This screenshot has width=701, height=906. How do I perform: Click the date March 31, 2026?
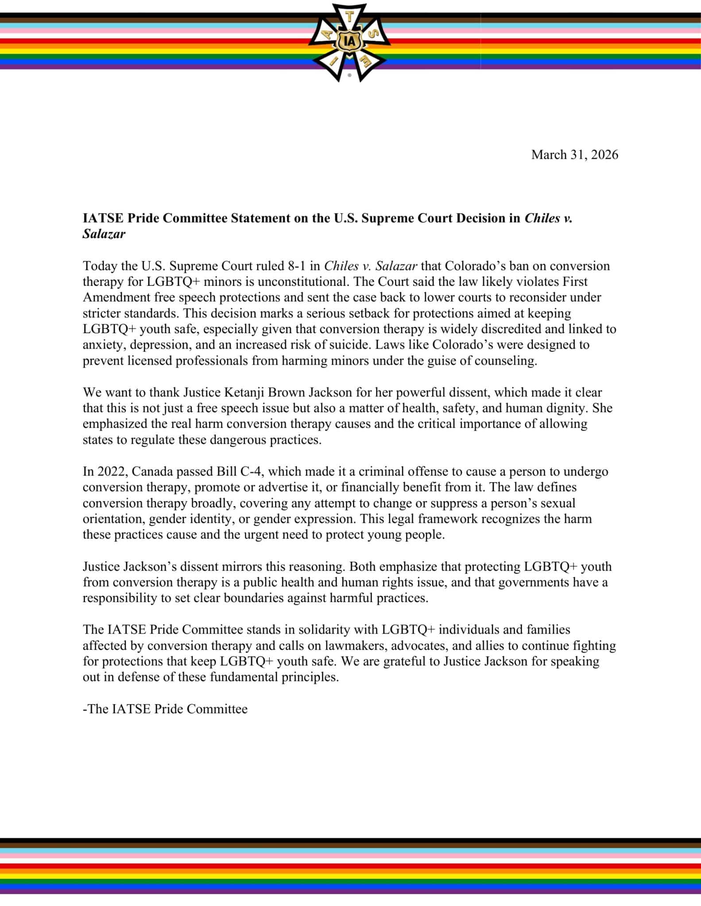pyautogui.click(x=574, y=155)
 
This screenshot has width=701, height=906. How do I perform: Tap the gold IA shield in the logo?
pyautogui.click(x=350, y=42)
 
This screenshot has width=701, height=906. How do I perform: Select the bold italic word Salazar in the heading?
pyautogui.click(x=104, y=234)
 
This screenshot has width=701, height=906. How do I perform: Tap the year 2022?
pyautogui.click(x=109, y=471)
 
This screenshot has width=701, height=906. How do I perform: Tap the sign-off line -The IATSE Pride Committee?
pyautogui.click(x=165, y=709)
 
